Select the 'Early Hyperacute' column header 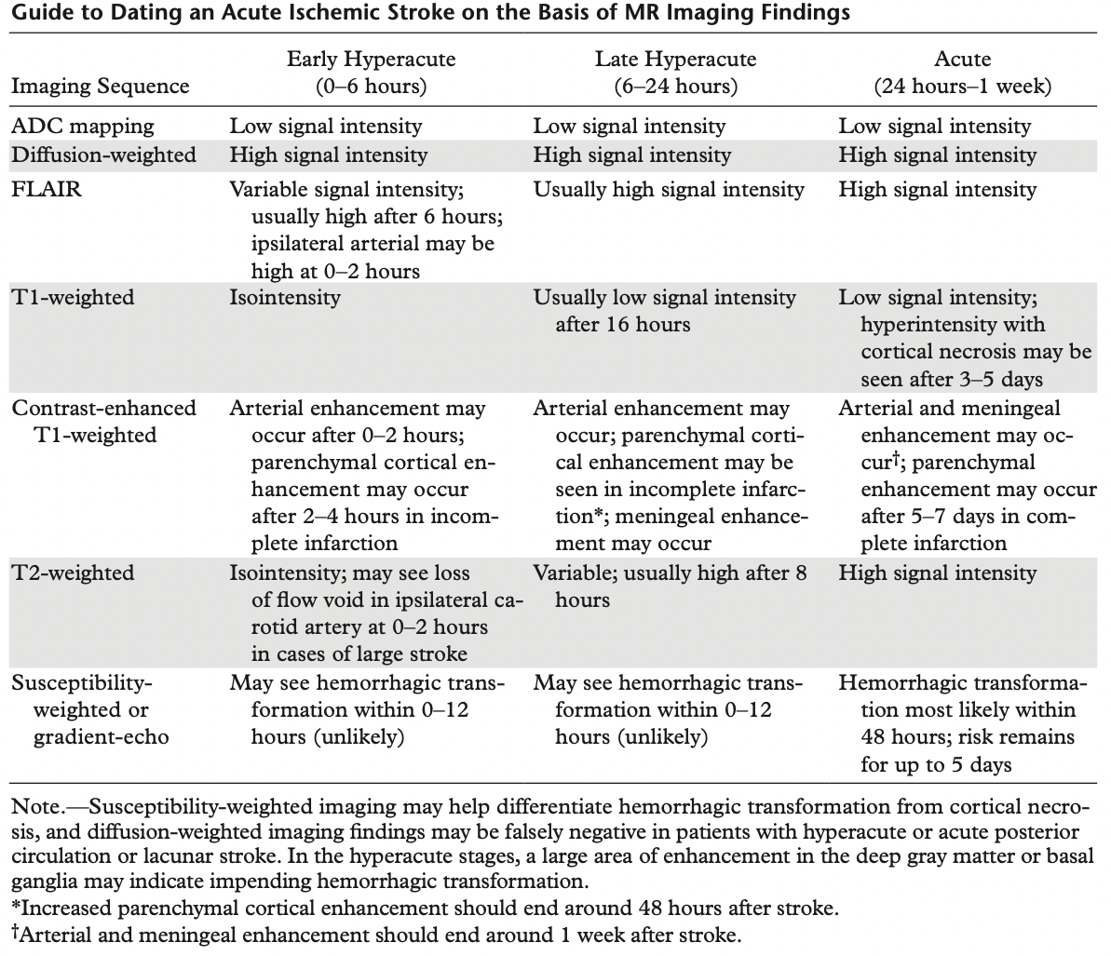click(371, 60)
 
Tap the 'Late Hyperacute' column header click(675, 60)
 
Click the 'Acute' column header click(962, 60)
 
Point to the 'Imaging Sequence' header click(100, 87)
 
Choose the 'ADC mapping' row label click(83, 126)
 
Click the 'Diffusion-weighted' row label click(103, 155)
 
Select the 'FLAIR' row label click(47, 189)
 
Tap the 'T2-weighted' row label click(73, 572)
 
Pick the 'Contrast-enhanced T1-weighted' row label click(103, 421)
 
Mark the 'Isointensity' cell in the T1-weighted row click(285, 298)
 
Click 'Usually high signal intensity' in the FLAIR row click(669, 189)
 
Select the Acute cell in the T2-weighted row click(937, 572)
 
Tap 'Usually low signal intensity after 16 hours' click(665, 311)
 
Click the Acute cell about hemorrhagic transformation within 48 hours click(962, 723)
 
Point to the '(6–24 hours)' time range click(675, 87)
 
